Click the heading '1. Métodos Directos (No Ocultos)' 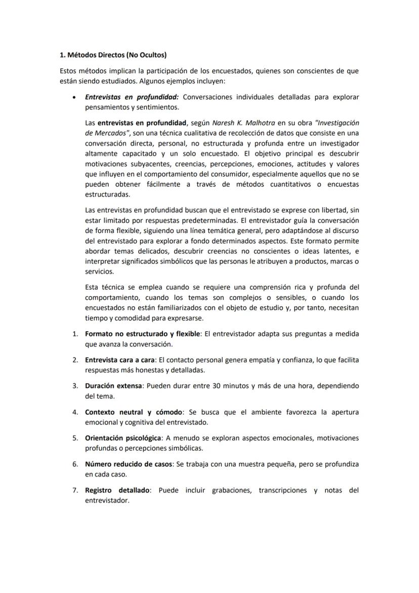pyautogui.click(x=113, y=55)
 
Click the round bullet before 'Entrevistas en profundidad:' pyautogui.click(x=74, y=97)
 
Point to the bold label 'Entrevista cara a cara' pyautogui.click(x=121, y=360)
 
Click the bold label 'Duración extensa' pyautogui.click(x=113, y=386)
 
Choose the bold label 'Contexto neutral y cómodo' pyautogui.click(x=133, y=412)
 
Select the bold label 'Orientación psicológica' pyautogui.click(x=123, y=438)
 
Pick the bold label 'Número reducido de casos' pyautogui.click(x=129, y=464)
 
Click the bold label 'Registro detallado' pyautogui.click(x=117, y=490)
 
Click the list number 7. pyautogui.click(x=74, y=490)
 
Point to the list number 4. pyautogui.click(x=74, y=412)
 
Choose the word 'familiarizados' pyautogui.click(x=156, y=308)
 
